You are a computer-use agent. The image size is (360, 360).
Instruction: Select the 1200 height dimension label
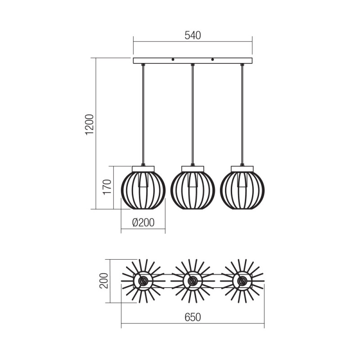(90, 125)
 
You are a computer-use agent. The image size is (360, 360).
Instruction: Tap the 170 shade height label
(107, 187)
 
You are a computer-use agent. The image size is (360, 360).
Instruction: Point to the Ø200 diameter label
(143, 222)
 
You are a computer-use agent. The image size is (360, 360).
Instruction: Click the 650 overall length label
(193, 317)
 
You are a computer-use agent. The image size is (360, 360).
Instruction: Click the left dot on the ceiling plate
(173, 59)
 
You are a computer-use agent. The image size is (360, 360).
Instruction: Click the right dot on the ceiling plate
(212, 59)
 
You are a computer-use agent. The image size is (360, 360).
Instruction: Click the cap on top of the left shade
(143, 169)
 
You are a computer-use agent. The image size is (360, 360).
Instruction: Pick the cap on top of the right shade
(242, 169)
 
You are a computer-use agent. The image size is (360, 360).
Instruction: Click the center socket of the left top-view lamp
(143, 281)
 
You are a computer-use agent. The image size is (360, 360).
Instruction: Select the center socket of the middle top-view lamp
(193, 281)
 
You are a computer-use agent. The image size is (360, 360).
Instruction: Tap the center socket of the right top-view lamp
(242, 281)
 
